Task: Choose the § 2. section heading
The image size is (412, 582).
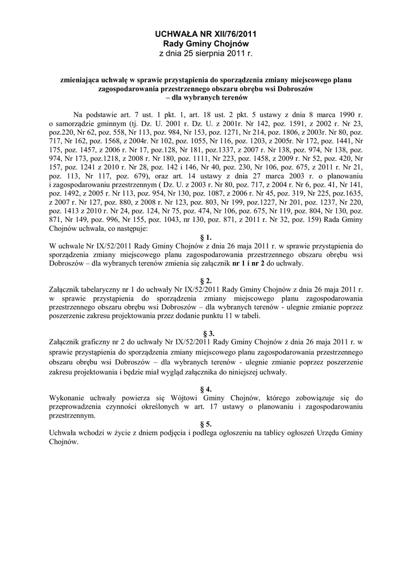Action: pos(207,281)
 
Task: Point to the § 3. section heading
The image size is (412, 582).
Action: pos(207,333)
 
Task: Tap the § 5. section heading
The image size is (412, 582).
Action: pos(207,424)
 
